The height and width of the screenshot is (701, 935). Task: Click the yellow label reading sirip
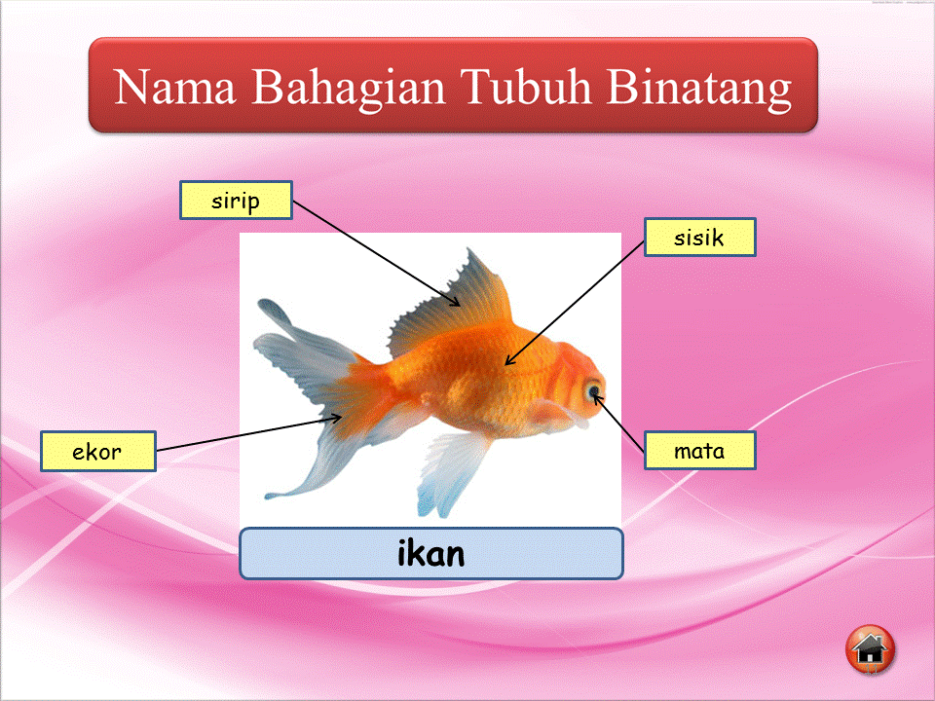[x=236, y=201]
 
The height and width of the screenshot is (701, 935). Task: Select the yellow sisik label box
[x=699, y=237]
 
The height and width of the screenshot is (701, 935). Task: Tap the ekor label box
[x=97, y=452]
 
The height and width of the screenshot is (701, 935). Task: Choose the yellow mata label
[x=699, y=451]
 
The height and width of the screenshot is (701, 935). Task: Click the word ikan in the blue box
[x=430, y=553]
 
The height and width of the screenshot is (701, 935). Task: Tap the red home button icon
[x=870, y=649]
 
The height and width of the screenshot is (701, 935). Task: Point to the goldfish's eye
[x=592, y=391]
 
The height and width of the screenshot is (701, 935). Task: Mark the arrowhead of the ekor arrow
[x=340, y=418]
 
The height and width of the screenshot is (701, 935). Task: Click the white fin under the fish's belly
[x=450, y=472]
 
